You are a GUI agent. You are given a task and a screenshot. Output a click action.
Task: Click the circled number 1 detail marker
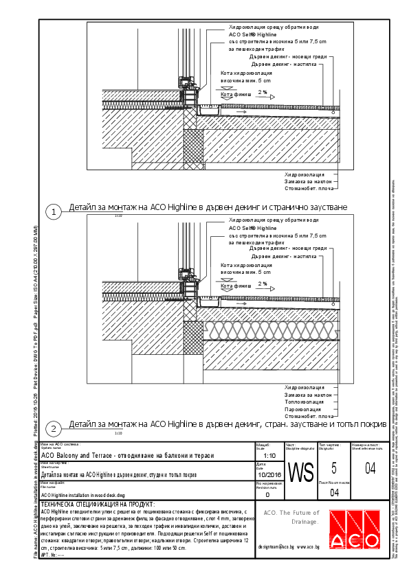pyautogui.click(x=53, y=212)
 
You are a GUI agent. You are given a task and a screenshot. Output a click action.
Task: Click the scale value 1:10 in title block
pyautogui.click(x=269, y=454)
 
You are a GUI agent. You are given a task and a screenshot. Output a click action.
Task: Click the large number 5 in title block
pyautogui.click(x=334, y=468)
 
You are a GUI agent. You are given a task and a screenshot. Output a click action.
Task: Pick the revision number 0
pyautogui.click(x=267, y=494)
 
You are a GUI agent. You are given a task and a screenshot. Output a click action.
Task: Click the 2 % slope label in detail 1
pyautogui.click(x=263, y=91)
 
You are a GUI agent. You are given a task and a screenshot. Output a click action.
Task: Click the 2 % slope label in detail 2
pyautogui.click(x=263, y=283)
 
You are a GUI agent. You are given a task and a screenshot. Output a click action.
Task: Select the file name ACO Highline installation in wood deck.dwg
pyautogui.click(x=82, y=494)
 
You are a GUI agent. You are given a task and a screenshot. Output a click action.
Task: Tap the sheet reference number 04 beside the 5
pyautogui.click(x=371, y=469)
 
